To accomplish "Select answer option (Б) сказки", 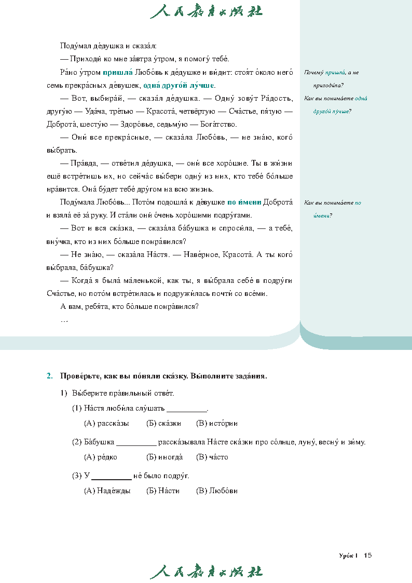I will (163, 423).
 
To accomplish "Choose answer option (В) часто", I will (212, 457).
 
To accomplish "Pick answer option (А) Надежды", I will (107, 491).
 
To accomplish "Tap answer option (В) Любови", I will (217, 491).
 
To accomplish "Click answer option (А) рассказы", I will (106, 423).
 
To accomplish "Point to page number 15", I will (368, 555).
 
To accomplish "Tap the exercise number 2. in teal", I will (50, 375).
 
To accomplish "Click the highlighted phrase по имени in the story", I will (244, 202).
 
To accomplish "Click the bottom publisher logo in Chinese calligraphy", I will (206, 571).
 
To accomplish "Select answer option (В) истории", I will (217, 423).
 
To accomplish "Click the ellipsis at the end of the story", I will (64, 320).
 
